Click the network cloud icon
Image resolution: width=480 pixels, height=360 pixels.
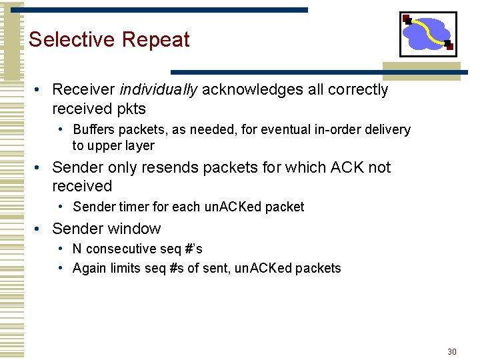428,34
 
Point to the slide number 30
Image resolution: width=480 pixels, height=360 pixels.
452,351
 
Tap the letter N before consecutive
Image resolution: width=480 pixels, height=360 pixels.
77,249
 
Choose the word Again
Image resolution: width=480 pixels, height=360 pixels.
89,269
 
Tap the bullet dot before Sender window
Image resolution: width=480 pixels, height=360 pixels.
40,229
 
